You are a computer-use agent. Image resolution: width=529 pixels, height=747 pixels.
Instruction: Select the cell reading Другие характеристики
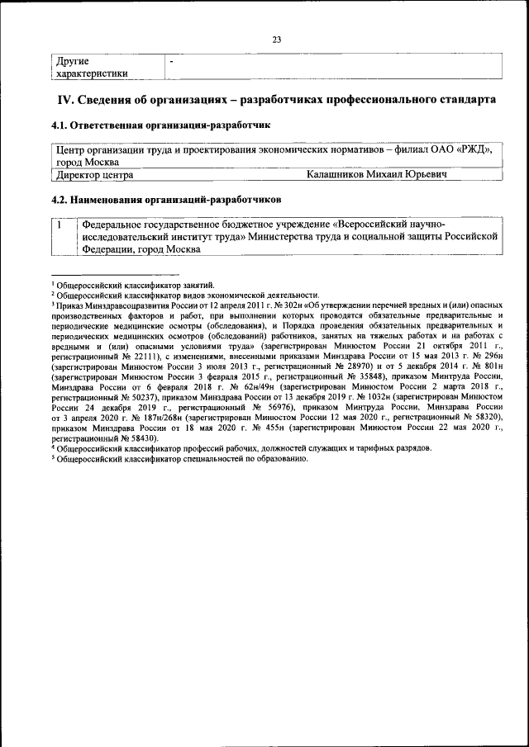91,67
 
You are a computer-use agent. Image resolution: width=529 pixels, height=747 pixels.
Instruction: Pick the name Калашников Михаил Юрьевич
376,175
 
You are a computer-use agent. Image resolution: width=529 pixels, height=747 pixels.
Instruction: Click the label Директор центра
93,175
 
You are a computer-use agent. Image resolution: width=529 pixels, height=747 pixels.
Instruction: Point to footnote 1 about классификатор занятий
133,284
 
